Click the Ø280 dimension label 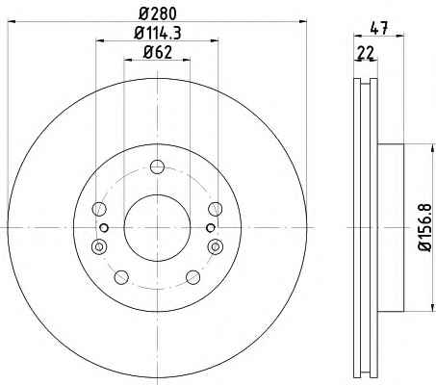coord(158,13)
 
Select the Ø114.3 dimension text coord(158,33)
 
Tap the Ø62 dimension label coord(158,52)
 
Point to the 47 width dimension coord(379,28)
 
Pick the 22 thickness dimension coord(366,53)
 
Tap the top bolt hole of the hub coord(157,167)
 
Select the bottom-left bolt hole coord(121,277)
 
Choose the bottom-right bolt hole coord(193,277)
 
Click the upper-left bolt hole coord(99,209)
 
